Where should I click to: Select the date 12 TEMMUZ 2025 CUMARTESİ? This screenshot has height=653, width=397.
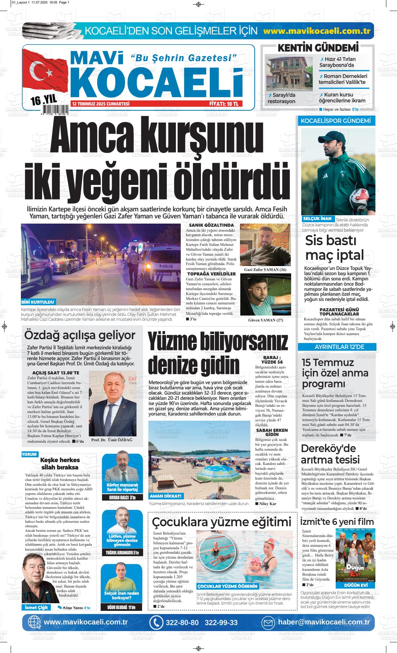(101, 104)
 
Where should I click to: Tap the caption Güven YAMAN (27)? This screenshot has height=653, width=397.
(265, 320)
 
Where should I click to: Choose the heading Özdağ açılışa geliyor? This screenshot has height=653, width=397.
(79, 335)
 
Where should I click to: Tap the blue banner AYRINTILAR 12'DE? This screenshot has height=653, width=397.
(337, 347)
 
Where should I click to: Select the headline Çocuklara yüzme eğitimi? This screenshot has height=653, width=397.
(221, 522)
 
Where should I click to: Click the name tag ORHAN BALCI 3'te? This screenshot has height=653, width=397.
(122, 498)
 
